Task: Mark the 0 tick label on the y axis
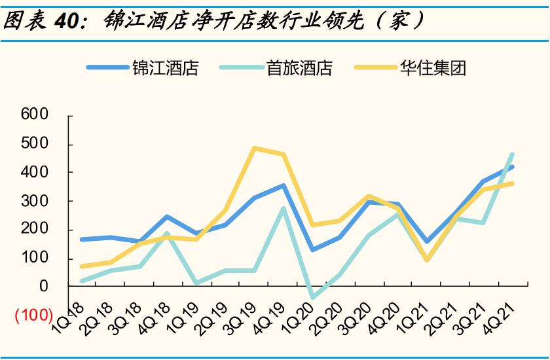pos(44,286)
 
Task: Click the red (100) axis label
pos(33,315)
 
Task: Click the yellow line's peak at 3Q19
pos(254,148)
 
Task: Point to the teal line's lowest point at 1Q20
pos(312,298)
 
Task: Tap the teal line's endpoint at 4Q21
pos(512,154)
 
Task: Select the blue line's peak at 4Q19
pos(283,185)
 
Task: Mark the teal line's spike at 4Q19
pos(283,208)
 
